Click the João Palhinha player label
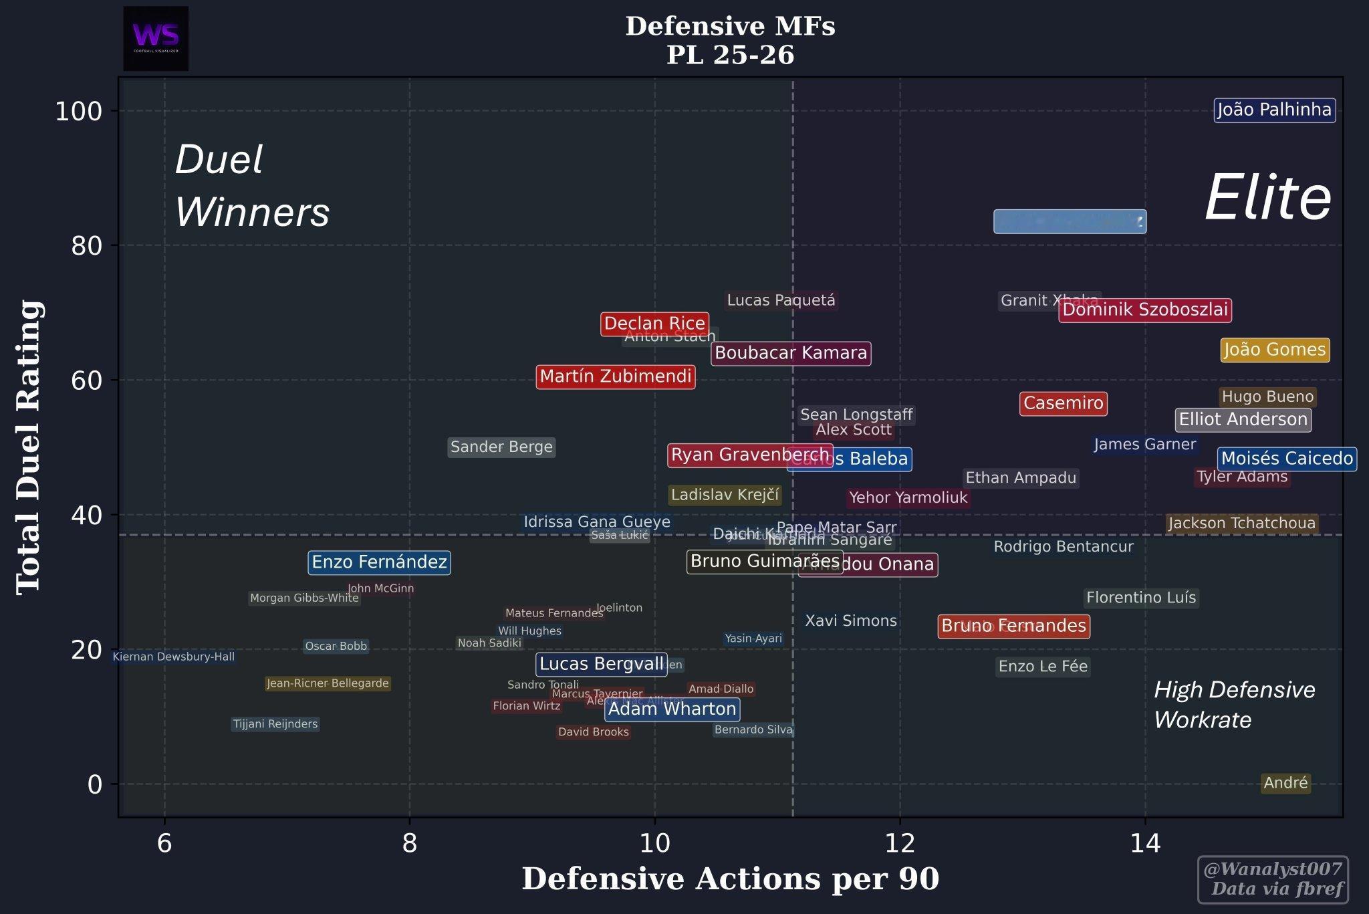[x=1274, y=110]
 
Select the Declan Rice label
[x=654, y=324]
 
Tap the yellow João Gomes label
[x=1274, y=350]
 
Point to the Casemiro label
[x=1063, y=404]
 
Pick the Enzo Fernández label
[x=379, y=562]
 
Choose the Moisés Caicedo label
[x=1287, y=459]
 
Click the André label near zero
[x=1285, y=783]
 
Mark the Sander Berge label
[x=501, y=447]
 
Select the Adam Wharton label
[x=672, y=709]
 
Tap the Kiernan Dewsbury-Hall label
[x=174, y=657]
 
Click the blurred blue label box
[x=1070, y=222]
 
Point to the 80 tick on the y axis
[x=87, y=246]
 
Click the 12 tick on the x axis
[x=900, y=844]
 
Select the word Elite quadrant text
[x=1267, y=198]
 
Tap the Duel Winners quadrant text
[x=252, y=186]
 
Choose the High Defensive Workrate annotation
[x=1234, y=705]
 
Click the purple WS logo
[x=156, y=38]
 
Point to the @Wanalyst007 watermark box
[x=1273, y=879]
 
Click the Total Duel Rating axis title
[x=29, y=447]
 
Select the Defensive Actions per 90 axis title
[x=730, y=879]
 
